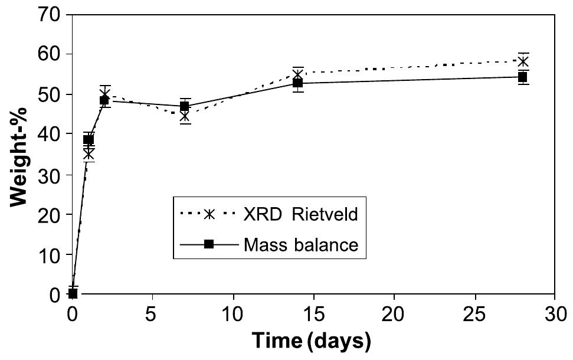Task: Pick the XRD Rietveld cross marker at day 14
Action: click(x=298, y=75)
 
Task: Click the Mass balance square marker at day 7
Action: click(x=185, y=106)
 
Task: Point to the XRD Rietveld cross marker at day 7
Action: click(x=185, y=116)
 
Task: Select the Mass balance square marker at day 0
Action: click(x=73, y=293)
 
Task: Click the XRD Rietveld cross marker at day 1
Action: click(x=89, y=154)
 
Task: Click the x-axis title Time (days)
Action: click(x=312, y=341)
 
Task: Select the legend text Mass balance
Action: click(x=300, y=244)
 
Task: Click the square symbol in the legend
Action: click(x=209, y=244)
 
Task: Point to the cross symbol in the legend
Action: click(x=209, y=214)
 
